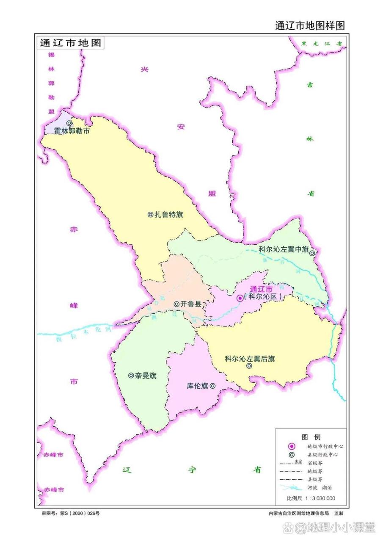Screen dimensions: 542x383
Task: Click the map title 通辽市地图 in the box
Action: (x=70, y=43)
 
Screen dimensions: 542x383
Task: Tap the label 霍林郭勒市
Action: (x=72, y=131)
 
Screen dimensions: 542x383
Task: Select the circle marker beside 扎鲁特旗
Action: (x=150, y=215)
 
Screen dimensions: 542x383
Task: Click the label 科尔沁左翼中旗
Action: (x=283, y=249)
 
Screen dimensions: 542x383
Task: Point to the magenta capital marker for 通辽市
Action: (x=240, y=298)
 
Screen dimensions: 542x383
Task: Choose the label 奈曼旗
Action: (x=146, y=376)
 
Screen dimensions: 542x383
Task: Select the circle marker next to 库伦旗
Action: (x=212, y=386)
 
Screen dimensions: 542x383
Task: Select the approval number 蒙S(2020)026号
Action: (x=70, y=513)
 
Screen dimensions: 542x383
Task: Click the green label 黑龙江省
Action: (x=321, y=43)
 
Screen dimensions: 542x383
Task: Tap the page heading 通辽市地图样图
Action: (x=310, y=25)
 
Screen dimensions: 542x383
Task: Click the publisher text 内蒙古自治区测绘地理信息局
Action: (x=299, y=513)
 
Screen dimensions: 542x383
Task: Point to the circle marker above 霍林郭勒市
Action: (x=69, y=123)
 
